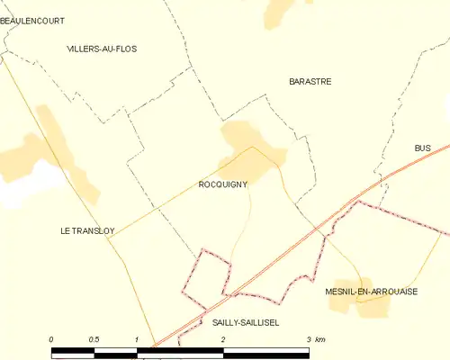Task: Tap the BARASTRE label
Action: coord(310,81)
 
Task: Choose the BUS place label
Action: coord(423,148)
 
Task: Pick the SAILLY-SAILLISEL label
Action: coord(246,321)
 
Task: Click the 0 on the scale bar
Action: coord(52,338)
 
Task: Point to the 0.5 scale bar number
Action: coord(94,338)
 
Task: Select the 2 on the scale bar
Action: coord(222,338)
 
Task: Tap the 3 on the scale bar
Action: coord(308,338)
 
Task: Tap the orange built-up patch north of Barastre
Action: coord(282,12)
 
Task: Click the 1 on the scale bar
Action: coord(136,338)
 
